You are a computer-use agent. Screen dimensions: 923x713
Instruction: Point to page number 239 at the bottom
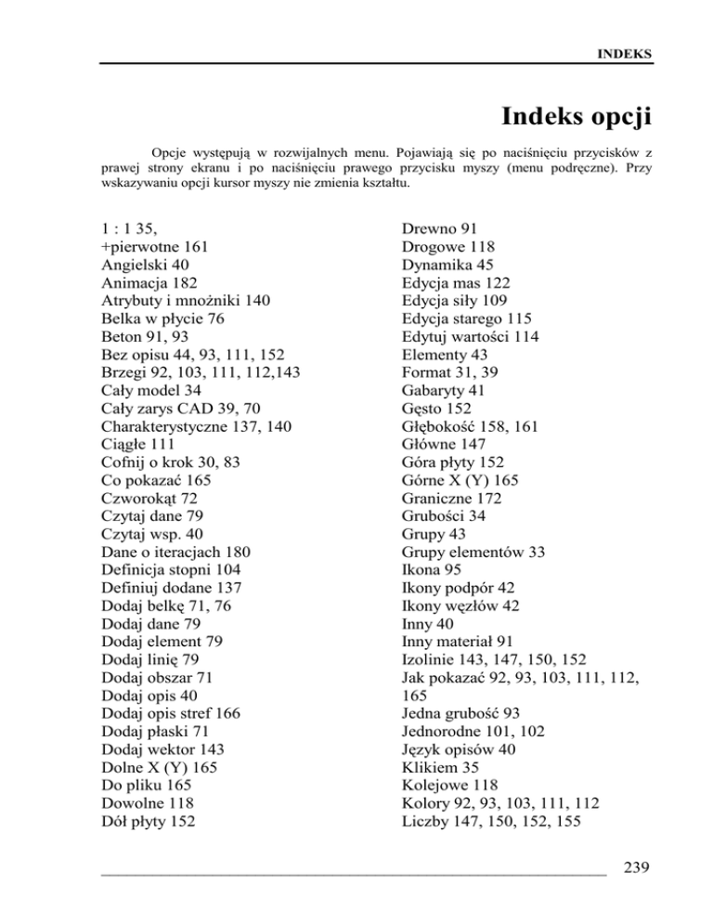[640, 868]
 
